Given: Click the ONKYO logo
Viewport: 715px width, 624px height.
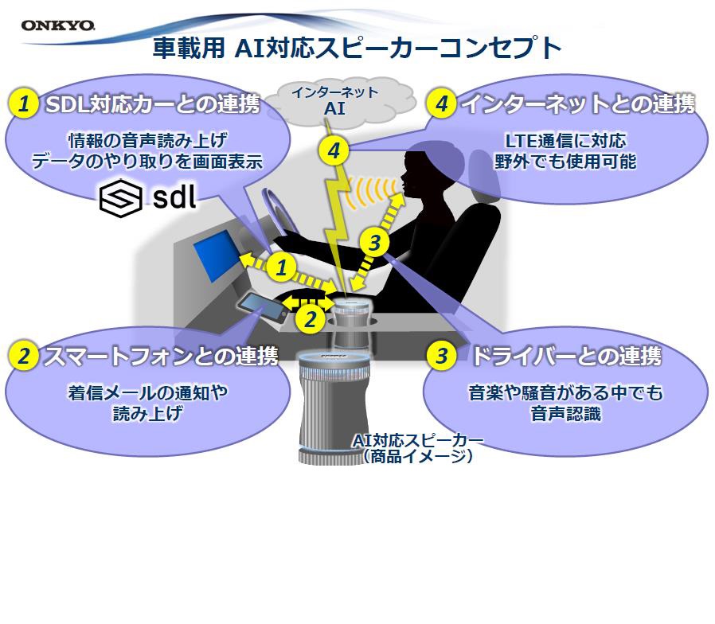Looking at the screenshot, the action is click(58, 25).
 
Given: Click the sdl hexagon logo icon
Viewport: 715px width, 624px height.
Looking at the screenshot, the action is click(120, 198).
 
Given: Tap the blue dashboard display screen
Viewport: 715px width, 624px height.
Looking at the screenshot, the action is click(215, 255).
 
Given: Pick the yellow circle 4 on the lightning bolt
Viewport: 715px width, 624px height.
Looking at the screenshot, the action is click(334, 151).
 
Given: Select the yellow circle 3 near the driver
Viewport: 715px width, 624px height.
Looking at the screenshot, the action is click(374, 243).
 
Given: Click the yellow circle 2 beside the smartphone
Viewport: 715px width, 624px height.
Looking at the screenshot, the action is click(311, 318).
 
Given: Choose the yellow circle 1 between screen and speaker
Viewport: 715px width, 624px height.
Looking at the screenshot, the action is click(281, 267).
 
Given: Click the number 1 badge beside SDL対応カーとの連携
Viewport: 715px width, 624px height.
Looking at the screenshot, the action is click(23, 104).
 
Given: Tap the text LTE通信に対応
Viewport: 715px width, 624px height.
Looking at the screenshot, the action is click(565, 141).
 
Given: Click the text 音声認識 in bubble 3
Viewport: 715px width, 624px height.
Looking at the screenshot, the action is click(565, 414).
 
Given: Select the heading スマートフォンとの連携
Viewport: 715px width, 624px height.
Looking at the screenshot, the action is click(161, 356).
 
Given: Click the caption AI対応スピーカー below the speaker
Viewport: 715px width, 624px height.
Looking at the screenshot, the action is click(418, 440).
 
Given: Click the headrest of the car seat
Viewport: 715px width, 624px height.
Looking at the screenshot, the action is click(484, 175).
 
